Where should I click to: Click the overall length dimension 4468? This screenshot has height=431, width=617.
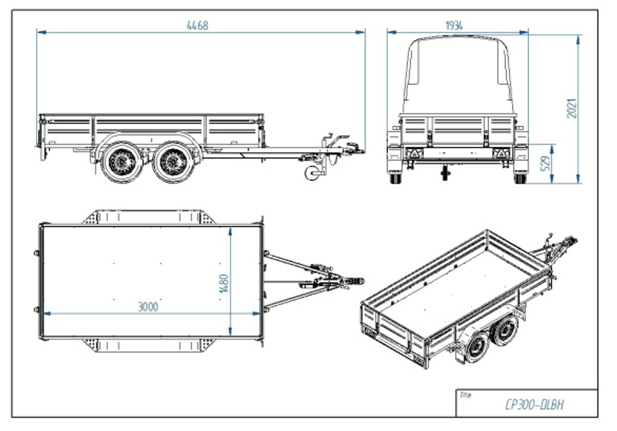[x=197, y=25]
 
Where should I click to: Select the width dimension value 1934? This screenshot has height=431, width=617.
[x=454, y=25]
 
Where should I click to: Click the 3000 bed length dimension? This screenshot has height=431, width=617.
[x=148, y=307]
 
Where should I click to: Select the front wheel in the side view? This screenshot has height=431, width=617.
[x=170, y=163]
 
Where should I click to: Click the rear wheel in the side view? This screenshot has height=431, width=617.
[x=120, y=163]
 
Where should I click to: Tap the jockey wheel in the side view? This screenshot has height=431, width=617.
[x=315, y=173]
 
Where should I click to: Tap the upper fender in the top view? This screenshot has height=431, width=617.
[x=148, y=216]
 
